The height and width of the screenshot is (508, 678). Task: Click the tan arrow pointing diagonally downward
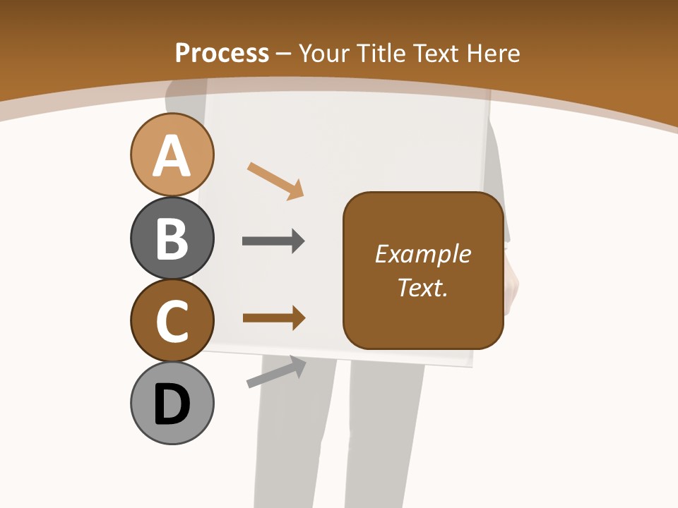coord(275,181)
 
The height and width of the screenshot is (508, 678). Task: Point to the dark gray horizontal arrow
coord(273,241)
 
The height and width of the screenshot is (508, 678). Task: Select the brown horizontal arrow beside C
coord(273,317)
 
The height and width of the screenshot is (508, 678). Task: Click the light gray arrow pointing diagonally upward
coord(276,372)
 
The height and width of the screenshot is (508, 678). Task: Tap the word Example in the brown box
coord(423,254)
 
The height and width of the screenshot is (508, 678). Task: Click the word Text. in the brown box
coord(423,287)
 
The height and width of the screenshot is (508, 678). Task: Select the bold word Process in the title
coord(222,53)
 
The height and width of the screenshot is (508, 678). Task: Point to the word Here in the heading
coord(494,53)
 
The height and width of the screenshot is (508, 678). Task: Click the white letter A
coord(172,157)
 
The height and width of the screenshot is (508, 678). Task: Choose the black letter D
coord(172,404)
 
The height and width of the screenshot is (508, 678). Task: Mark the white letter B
coord(172,238)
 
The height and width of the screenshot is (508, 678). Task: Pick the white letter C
coord(172,321)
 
